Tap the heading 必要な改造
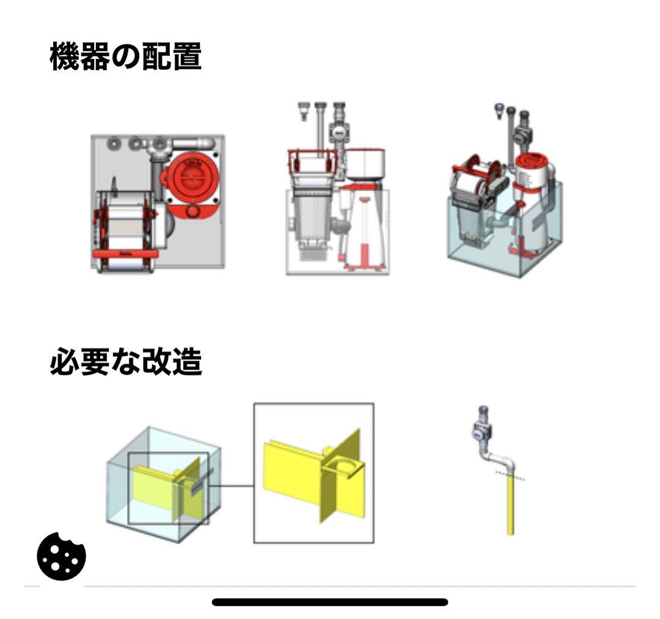click(125, 363)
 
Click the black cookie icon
click(62, 556)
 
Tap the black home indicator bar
click(330, 602)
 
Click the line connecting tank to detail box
click(232, 487)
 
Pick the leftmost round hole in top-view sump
click(113, 144)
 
